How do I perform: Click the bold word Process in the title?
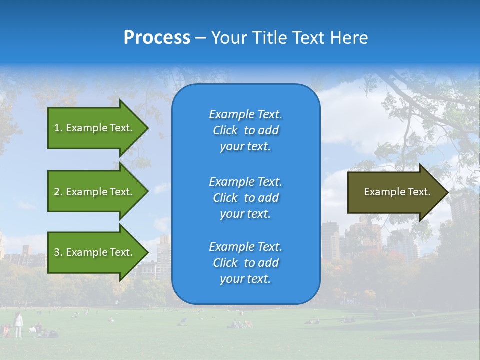157,38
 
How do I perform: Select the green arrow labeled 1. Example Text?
95,128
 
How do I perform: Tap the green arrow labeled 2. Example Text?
95,192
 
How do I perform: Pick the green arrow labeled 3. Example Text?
95,252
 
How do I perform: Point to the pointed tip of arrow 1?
147,128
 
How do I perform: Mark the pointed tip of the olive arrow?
447,192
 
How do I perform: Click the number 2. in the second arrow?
58,192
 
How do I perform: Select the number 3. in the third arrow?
58,252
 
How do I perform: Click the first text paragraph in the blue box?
245,130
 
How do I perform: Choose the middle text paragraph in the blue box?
245,197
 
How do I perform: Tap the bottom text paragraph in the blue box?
245,263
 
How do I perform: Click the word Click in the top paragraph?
225,130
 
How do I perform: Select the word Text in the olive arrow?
419,192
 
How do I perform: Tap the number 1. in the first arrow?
58,128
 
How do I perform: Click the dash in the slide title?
200,38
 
